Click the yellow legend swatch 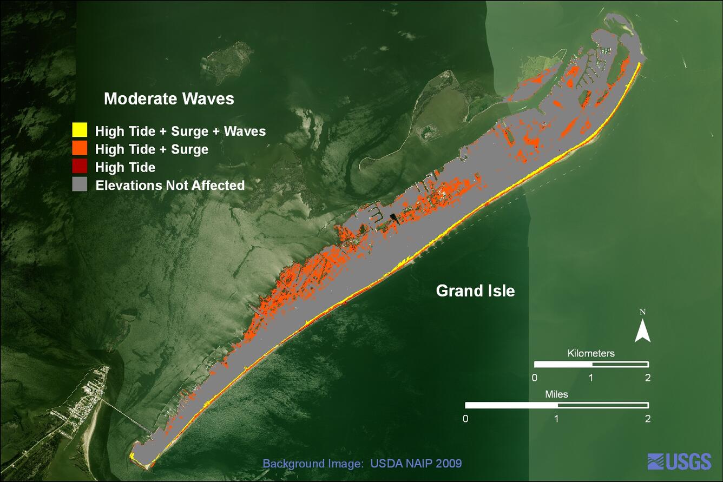pos(80,130)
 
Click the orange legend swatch pos(80,148)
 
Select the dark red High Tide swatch pos(80,167)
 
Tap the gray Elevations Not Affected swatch pos(80,184)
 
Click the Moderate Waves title pos(169,99)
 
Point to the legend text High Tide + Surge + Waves pos(180,131)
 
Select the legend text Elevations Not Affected pos(170,186)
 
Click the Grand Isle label pos(475,291)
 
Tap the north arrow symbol pos(642,331)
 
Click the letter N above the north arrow pos(643,312)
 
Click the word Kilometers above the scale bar pos(591,353)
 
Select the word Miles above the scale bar pos(556,394)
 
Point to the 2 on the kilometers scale pos(648,378)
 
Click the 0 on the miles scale pos(465,419)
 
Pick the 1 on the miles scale pos(557,419)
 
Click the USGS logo pos(679,461)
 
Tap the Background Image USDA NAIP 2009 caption pos(362,464)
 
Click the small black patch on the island pos(393,219)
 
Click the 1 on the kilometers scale pos(591,378)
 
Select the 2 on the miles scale pos(648,419)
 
